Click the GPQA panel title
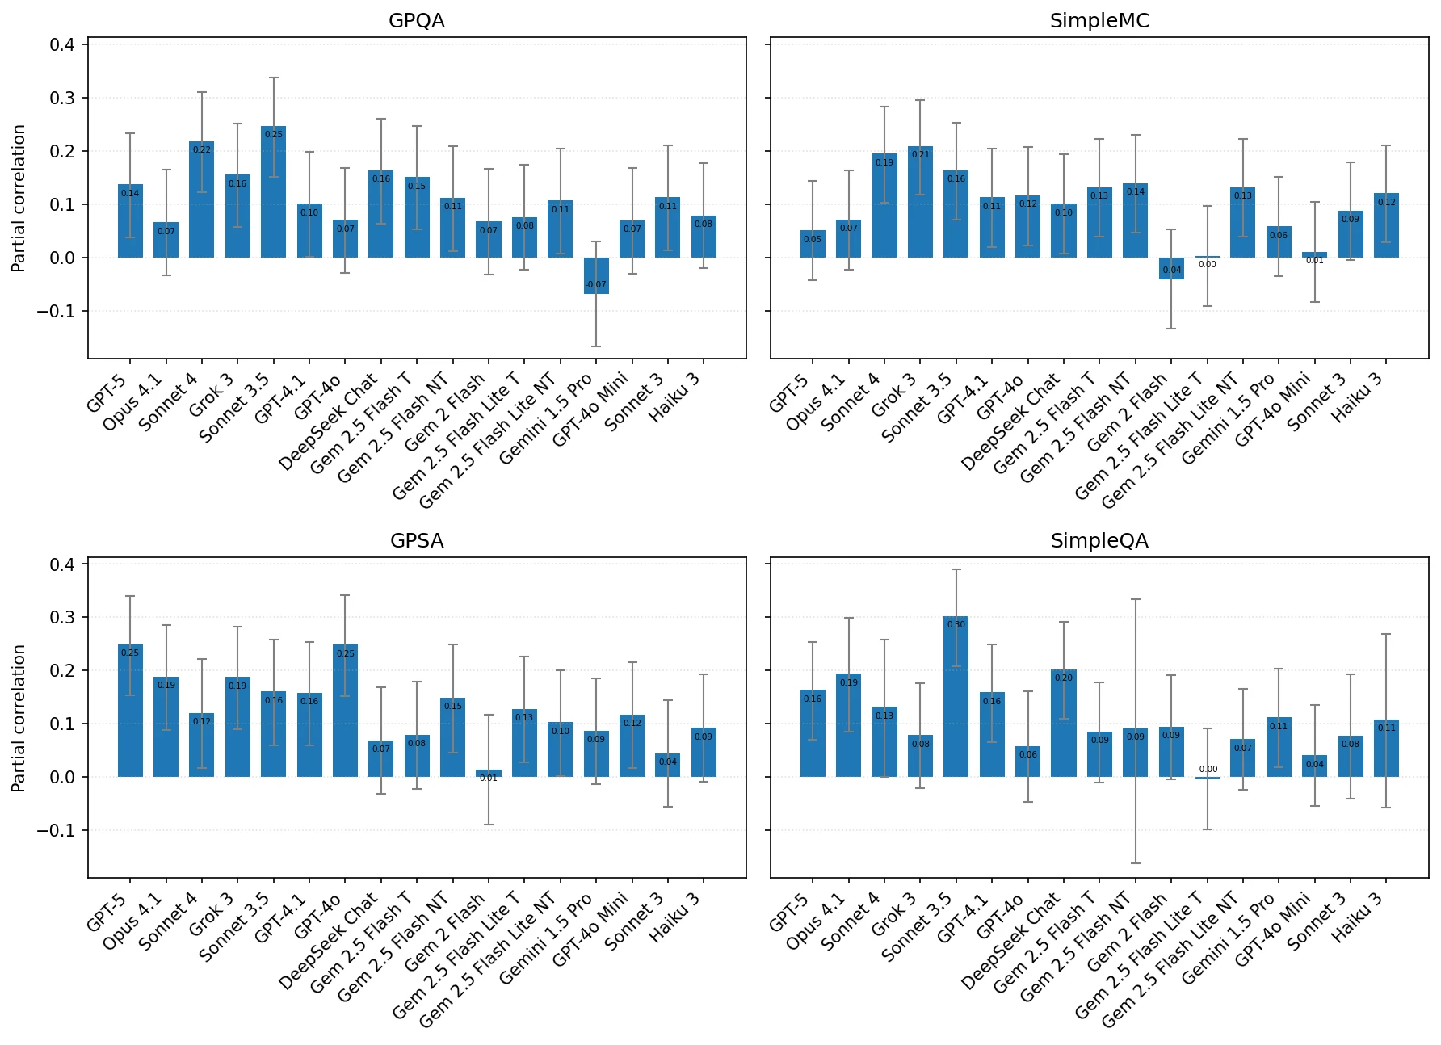pos(416,21)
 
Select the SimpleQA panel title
pos(1099,541)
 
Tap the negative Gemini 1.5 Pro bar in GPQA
pos(596,275)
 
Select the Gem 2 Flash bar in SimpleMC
pos(1171,268)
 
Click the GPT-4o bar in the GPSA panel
pos(345,711)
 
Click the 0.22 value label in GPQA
pos(201,149)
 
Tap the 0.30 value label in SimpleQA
pos(956,624)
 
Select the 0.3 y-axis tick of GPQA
pos(62,98)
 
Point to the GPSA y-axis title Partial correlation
pos(19,717)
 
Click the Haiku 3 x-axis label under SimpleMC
pos(1357,397)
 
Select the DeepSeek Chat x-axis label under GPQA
pos(328,422)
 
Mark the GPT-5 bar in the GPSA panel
pos(130,711)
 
